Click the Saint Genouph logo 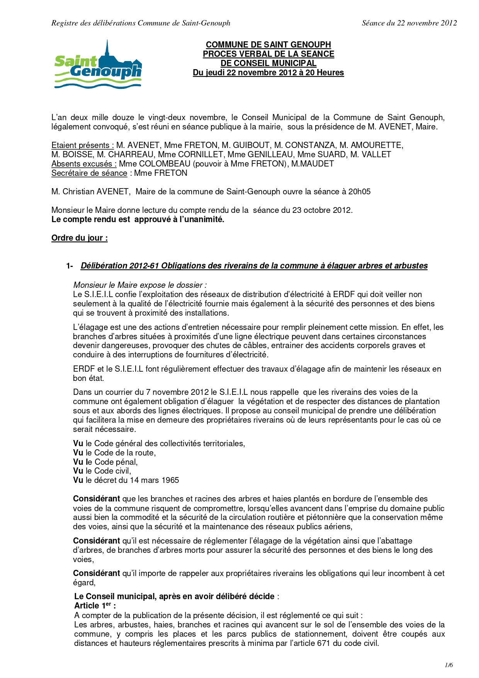coord(98,65)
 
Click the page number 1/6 coord(448,665)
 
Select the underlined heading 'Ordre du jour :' coord(80,238)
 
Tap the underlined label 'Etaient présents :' coord(83,145)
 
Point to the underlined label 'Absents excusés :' coord(84,164)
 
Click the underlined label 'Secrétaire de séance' coord(89,173)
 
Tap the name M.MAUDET coord(313,164)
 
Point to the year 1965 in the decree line coord(170,480)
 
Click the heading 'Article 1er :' coord(95,606)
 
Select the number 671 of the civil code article coord(324,643)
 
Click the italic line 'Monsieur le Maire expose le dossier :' coord(140,285)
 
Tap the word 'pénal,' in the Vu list coord(127,462)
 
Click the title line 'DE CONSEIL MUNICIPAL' coord(268,63)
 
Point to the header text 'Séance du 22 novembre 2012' coord(409,23)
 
